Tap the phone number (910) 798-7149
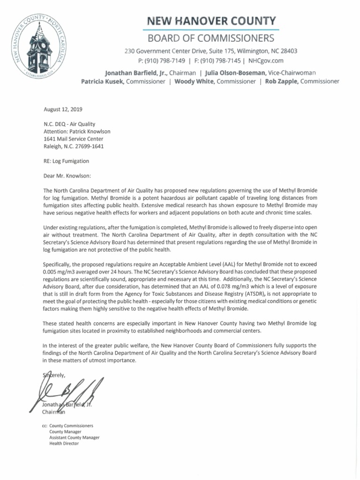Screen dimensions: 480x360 (x=165, y=60)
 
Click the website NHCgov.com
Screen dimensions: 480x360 (x=266, y=60)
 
